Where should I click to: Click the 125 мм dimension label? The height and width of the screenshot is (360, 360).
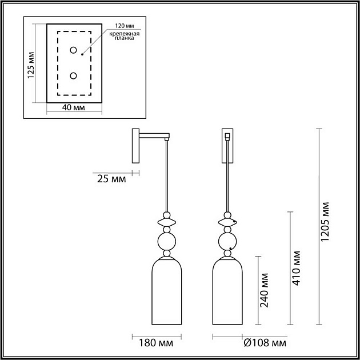(x=31, y=65)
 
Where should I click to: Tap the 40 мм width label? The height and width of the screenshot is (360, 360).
(x=73, y=107)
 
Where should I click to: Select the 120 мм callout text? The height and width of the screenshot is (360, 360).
(x=125, y=26)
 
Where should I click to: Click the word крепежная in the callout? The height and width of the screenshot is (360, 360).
(x=124, y=34)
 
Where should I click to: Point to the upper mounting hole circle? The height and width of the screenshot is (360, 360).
(x=74, y=50)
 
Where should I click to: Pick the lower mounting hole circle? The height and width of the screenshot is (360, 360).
(x=74, y=75)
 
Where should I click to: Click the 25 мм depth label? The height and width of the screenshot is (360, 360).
(x=111, y=179)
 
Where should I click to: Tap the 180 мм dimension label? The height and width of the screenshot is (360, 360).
(x=156, y=343)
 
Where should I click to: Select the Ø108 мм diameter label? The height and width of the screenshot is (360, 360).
(x=265, y=343)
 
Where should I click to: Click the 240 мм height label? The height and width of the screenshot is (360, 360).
(x=264, y=290)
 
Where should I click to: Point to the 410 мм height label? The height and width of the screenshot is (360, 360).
(x=296, y=268)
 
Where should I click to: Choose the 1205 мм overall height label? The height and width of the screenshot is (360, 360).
(x=325, y=222)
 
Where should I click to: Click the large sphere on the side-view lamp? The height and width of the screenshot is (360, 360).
(x=167, y=242)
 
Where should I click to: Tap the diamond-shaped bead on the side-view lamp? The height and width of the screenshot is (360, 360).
(x=167, y=222)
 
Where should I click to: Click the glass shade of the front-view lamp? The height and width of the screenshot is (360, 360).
(x=227, y=291)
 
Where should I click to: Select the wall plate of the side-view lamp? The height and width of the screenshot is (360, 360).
(x=135, y=146)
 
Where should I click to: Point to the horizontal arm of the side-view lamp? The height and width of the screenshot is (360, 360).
(x=154, y=135)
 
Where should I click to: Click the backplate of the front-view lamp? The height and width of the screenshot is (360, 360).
(x=227, y=146)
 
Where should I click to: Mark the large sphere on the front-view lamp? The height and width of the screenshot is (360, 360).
(x=227, y=242)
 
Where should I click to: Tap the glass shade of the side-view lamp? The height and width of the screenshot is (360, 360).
(x=167, y=291)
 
